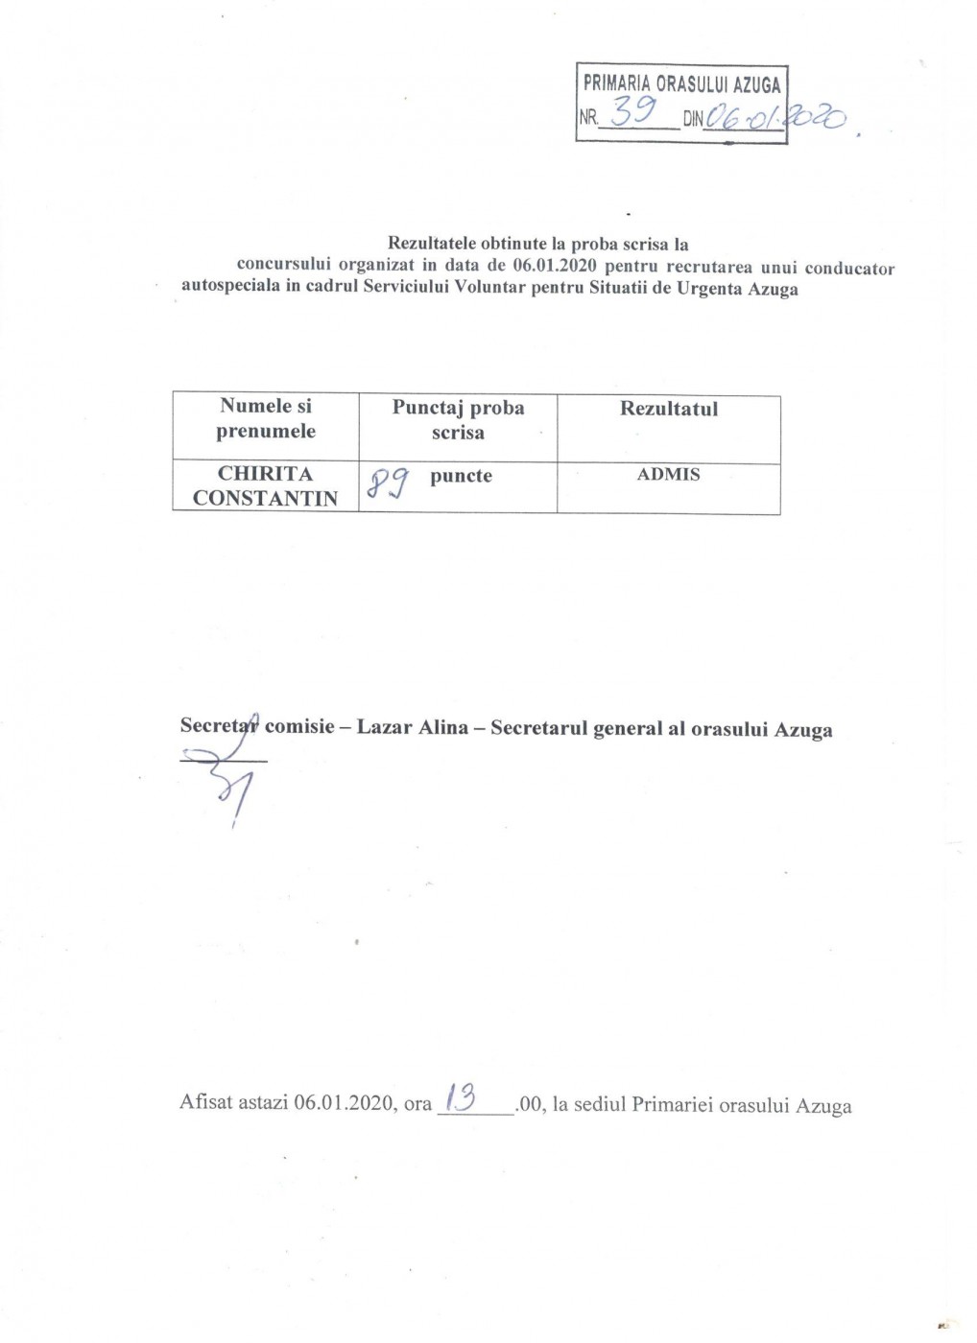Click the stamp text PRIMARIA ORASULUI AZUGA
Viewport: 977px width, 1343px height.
(x=681, y=84)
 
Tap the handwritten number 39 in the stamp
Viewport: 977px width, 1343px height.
(x=633, y=114)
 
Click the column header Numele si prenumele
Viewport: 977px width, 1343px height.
(x=266, y=418)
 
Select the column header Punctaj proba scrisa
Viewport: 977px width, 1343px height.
(x=458, y=420)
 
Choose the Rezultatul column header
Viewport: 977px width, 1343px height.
(x=668, y=409)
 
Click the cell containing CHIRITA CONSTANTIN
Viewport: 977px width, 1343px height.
(x=266, y=485)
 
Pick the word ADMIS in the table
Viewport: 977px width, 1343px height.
(x=668, y=474)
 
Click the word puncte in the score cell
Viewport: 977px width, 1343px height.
(x=461, y=476)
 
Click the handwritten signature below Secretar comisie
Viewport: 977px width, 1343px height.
(x=230, y=782)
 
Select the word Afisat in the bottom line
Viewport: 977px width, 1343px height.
(x=206, y=1102)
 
